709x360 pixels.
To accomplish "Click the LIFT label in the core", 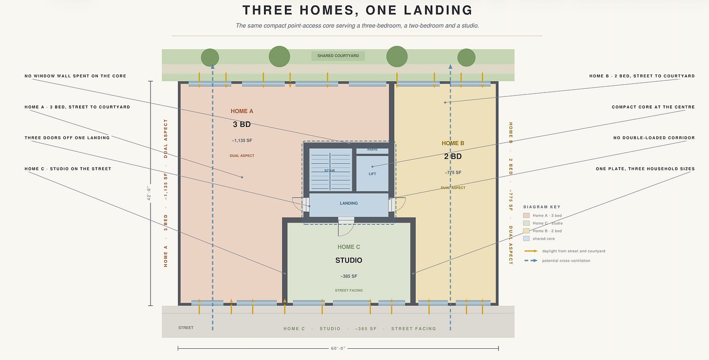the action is click(x=372, y=174).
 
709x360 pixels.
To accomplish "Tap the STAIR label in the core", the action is click(x=330, y=171).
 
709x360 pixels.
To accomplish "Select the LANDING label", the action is click(x=349, y=203).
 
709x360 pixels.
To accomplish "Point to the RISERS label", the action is click(x=372, y=150).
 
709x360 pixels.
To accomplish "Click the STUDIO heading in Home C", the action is click(x=349, y=260).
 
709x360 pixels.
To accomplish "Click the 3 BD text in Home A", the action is click(x=242, y=124).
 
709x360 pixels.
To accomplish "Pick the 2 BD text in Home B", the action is click(x=453, y=156).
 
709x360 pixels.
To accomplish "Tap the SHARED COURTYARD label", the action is click(x=338, y=56).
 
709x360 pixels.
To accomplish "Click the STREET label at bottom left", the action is click(x=186, y=328).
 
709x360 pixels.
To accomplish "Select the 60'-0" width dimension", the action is click(x=338, y=348).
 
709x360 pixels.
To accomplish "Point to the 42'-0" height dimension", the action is click(x=149, y=193).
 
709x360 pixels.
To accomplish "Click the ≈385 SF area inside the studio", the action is click(x=349, y=276).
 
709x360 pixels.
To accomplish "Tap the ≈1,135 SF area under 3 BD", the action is click(x=242, y=141).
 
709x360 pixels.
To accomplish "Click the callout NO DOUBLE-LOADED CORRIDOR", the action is click(x=654, y=138).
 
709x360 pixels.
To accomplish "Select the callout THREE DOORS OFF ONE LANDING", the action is click(x=67, y=138).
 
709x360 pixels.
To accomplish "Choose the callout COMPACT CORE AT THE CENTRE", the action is click(x=653, y=107).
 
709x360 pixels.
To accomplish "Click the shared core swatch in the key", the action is click(x=526, y=239).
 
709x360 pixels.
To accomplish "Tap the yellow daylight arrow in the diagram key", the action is click(x=531, y=251).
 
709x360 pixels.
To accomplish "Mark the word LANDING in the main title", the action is click(x=438, y=10).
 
